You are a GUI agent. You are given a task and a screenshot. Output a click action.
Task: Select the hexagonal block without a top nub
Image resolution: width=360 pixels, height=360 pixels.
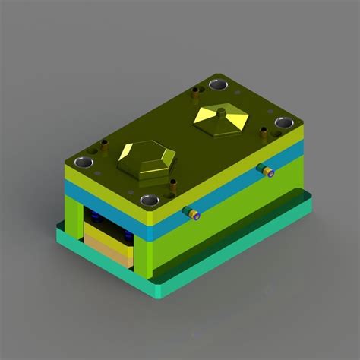(x=147, y=158)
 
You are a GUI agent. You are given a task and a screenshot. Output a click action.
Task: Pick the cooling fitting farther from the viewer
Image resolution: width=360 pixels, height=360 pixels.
(x=265, y=170)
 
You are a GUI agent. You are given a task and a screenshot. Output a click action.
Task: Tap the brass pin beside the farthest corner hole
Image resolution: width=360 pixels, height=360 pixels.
(x=195, y=95)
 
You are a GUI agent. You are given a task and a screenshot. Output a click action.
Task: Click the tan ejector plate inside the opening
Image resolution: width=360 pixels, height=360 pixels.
(x=106, y=247)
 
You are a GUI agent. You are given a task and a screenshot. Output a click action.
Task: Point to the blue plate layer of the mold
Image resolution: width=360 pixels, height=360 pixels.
(x=228, y=182)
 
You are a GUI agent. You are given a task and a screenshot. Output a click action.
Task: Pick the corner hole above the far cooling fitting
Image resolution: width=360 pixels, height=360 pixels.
(x=283, y=122)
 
